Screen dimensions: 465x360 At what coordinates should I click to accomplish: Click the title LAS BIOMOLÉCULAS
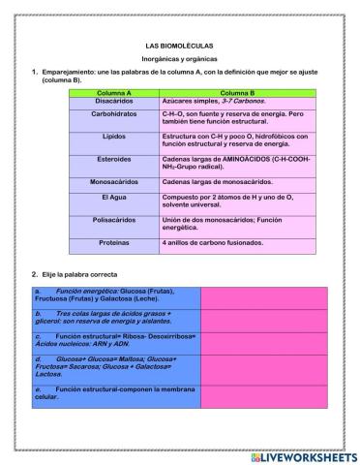point(179,46)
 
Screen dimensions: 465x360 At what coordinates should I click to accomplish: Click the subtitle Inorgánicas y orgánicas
point(179,58)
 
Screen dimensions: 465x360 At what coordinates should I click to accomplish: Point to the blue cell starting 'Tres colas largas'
point(115,318)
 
